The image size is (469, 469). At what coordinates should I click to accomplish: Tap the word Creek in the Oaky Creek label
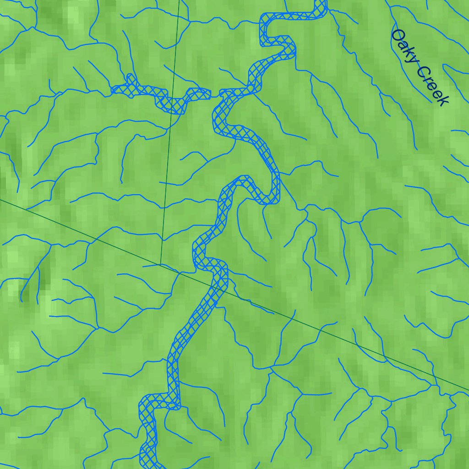(x=431, y=86)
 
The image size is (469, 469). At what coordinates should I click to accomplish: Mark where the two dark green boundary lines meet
(x=161, y=264)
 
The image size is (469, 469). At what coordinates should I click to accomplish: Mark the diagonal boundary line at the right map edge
(x=467, y=390)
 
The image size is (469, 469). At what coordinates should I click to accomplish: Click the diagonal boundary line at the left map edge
(x=2, y=200)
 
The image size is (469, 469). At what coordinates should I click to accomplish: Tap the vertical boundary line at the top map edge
(x=179, y=2)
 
